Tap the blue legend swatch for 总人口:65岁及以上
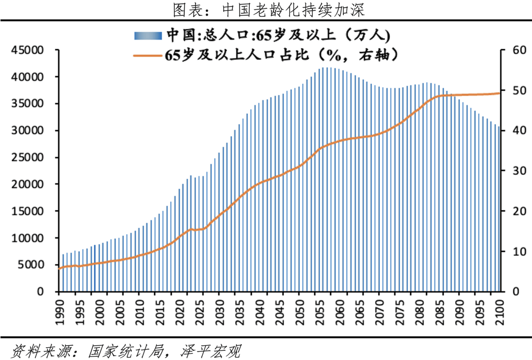(x=148, y=35)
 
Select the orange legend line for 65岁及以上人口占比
(x=148, y=55)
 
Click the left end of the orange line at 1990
(x=59, y=268)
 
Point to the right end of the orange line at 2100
(x=499, y=93)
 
